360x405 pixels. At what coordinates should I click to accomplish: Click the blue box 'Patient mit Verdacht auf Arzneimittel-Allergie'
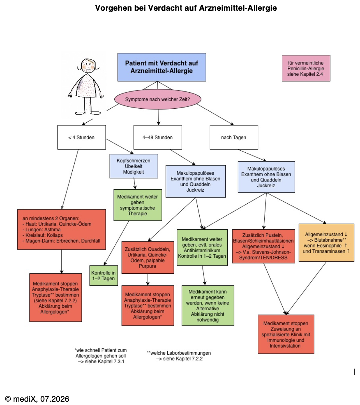161,67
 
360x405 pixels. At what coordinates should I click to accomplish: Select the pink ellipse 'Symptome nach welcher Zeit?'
158,99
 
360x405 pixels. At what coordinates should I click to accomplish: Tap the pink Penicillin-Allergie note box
306,68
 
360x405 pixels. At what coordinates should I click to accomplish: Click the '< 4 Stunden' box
81,137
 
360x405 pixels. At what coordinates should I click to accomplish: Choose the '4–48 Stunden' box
158,137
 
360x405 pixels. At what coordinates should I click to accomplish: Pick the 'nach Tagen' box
234,137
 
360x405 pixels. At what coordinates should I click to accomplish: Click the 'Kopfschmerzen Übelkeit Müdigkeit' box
134,166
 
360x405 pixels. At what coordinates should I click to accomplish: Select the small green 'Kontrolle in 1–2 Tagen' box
103,276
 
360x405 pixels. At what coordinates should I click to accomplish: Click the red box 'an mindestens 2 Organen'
61,229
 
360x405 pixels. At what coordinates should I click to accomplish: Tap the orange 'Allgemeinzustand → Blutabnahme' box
326,243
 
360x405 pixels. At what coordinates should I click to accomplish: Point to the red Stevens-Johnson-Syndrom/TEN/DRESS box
263,246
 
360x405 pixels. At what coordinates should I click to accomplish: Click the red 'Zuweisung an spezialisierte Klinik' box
286,334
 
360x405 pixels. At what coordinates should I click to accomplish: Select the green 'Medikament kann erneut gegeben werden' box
208,306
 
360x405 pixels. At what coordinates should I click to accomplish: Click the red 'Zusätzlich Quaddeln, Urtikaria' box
148,257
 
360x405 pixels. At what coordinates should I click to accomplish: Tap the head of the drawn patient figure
88,65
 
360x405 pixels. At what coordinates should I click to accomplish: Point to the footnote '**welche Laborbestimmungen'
179,356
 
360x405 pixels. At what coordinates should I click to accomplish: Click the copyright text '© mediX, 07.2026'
37,393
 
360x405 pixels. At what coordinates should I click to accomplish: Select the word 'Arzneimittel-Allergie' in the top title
238,8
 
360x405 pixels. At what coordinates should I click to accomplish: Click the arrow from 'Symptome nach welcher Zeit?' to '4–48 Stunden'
158,117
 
